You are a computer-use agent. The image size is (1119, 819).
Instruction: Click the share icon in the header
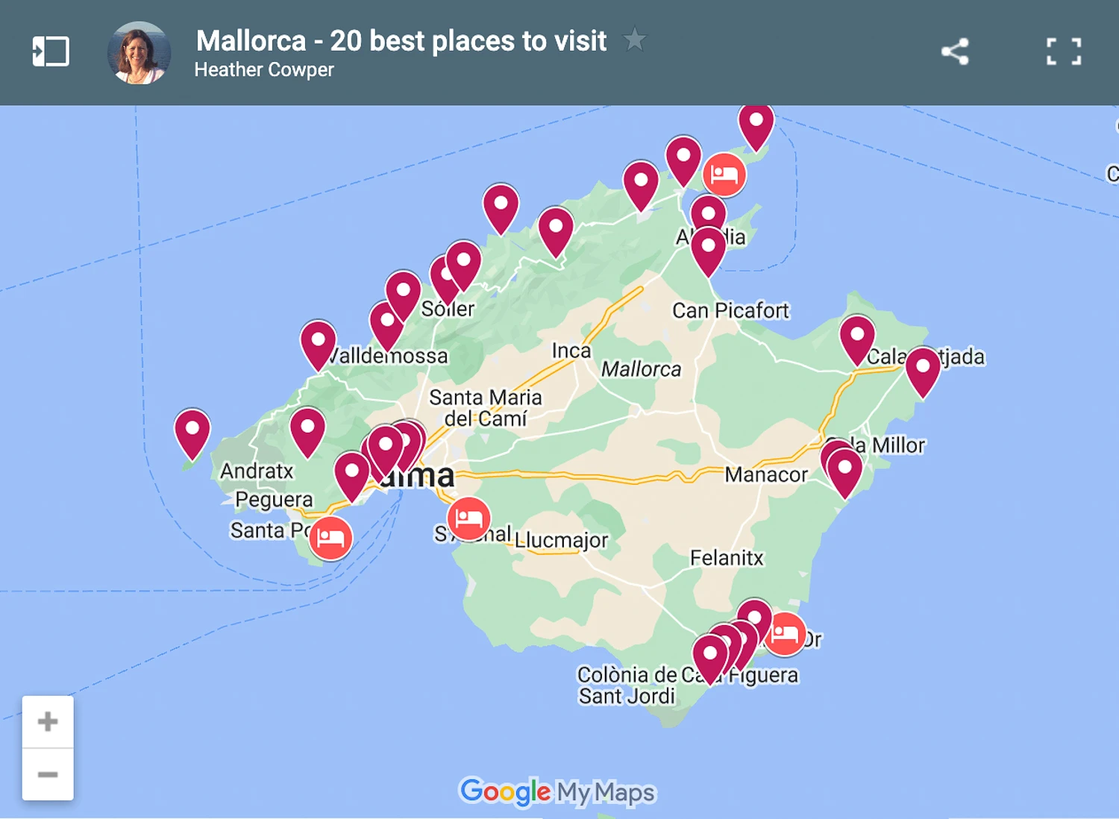955,51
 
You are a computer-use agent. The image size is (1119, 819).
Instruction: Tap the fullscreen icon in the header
1063,51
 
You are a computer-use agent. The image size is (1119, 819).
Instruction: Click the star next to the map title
635,39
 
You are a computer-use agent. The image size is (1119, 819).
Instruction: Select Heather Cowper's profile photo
140,53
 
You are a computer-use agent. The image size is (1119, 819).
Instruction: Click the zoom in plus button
48,721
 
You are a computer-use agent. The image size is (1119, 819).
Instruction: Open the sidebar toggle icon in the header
51,51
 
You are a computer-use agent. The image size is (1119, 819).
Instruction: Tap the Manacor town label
766,474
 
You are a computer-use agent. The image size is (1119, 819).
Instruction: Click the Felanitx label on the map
727,558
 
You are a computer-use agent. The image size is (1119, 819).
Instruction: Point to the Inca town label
571,351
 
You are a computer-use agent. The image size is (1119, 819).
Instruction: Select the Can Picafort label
730,310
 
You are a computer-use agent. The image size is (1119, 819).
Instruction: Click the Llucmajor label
562,540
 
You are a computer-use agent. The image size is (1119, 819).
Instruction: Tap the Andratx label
257,471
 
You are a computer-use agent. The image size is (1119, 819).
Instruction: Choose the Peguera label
274,500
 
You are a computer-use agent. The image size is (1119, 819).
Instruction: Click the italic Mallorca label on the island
641,369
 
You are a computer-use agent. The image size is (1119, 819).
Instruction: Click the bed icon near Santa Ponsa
330,537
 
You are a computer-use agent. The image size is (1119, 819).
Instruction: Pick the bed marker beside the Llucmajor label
468,518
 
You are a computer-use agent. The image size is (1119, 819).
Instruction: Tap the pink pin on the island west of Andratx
192,430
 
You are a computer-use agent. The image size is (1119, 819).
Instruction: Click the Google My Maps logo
557,791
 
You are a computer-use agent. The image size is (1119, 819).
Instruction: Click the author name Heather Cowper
264,70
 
